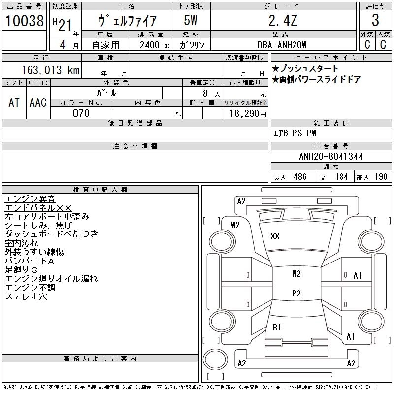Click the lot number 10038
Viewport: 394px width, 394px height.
(25, 20)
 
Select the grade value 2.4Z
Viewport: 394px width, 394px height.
(283, 20)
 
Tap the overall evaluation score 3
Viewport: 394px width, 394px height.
(375, 21)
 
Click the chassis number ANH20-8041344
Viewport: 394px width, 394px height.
(330, 157)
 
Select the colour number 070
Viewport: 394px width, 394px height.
(81, 113)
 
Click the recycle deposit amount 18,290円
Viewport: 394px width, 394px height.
(246, 114)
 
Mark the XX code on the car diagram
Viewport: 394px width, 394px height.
(275, 236)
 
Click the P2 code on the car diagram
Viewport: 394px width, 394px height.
(296, 294)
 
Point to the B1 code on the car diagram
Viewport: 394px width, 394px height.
(277, 327)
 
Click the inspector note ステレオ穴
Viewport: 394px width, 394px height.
(26, 296)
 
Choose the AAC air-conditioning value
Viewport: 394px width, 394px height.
(38, 103)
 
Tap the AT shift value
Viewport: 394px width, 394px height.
(14, 103)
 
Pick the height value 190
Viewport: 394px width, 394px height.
(381, 177)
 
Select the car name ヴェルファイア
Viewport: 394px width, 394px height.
(127, 21)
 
